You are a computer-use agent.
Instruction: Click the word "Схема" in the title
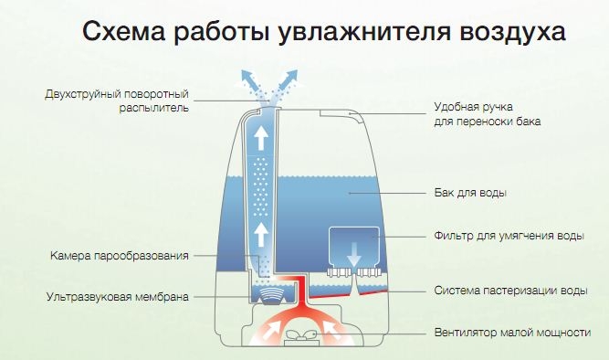click(124, 31)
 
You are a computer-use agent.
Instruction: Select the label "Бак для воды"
click(470, 193)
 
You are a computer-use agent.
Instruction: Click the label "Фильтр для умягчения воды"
click(509, 236)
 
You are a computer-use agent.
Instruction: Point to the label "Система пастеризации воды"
click(510, 291)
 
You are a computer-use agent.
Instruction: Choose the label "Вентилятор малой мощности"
click(513, 333)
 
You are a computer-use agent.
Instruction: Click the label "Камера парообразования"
click(120, 256)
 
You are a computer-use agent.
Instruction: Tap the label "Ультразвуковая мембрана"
click(118, 297)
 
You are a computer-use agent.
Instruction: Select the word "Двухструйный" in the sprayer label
click(80, 94)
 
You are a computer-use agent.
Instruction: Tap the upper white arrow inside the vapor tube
click(261, 139)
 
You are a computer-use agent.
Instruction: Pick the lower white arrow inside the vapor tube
click(261, 234)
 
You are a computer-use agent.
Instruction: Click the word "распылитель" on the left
click(153, 108)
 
